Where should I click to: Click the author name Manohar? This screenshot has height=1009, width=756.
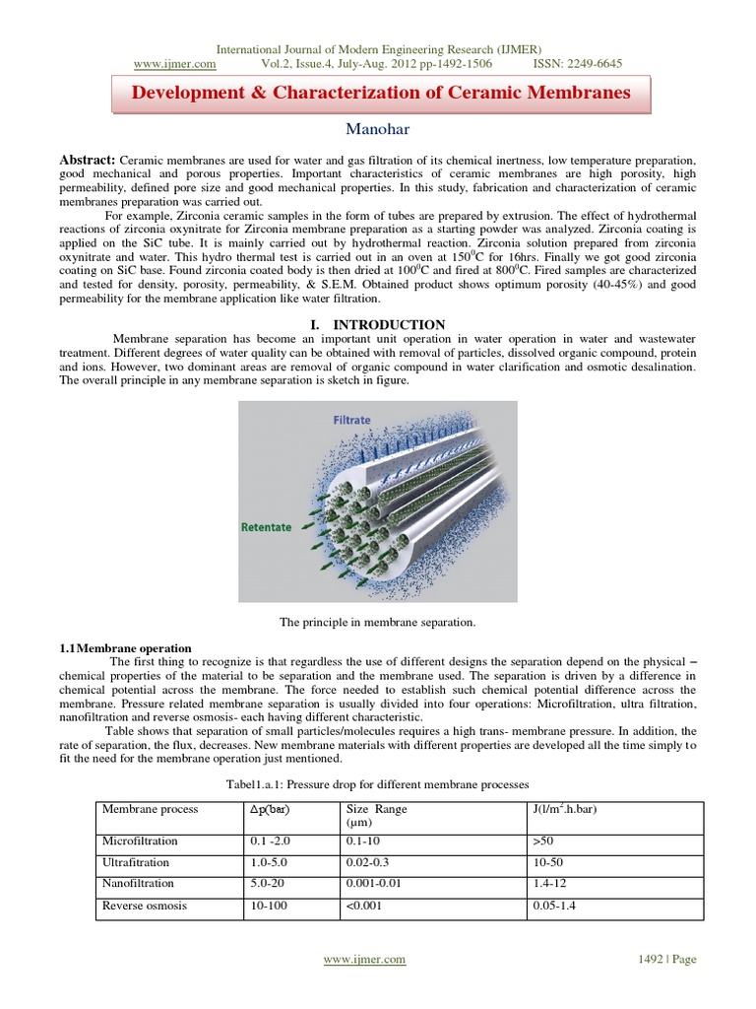click(x=378, y=129)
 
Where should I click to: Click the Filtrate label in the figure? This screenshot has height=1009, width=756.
click(x=351, y=420)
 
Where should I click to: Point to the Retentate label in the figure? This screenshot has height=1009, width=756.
click(x=267, y=527)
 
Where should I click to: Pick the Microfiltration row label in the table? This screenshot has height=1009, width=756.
click(x=141, y=841)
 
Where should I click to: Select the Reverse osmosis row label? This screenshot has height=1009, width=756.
click(x=145, y=906)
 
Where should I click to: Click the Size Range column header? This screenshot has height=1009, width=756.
click(x=377, y=809)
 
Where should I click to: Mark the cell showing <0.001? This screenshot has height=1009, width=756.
click(x=363, y=906)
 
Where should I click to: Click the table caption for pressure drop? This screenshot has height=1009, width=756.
click(x=378, y=782)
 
